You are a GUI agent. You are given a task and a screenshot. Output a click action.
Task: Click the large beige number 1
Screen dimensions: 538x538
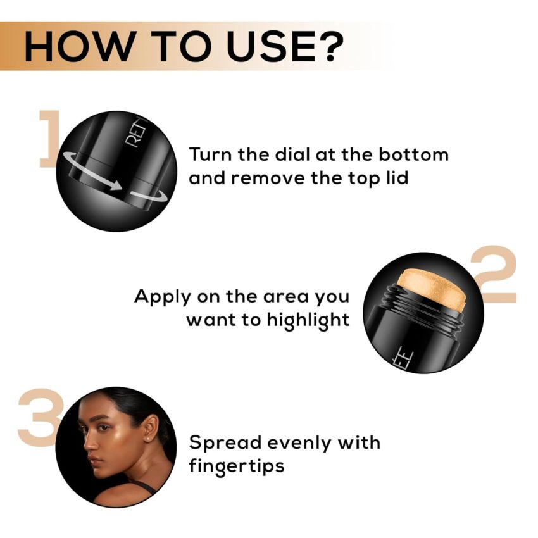point(49,140)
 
